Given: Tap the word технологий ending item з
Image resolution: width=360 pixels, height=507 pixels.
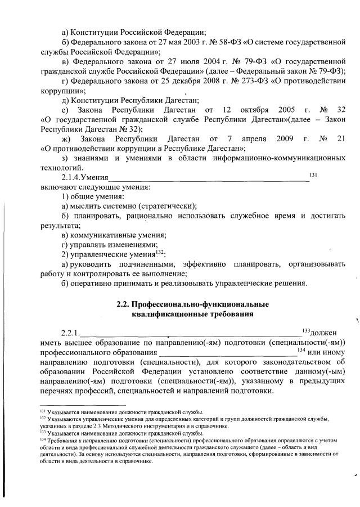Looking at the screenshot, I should [x=64, y=168].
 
